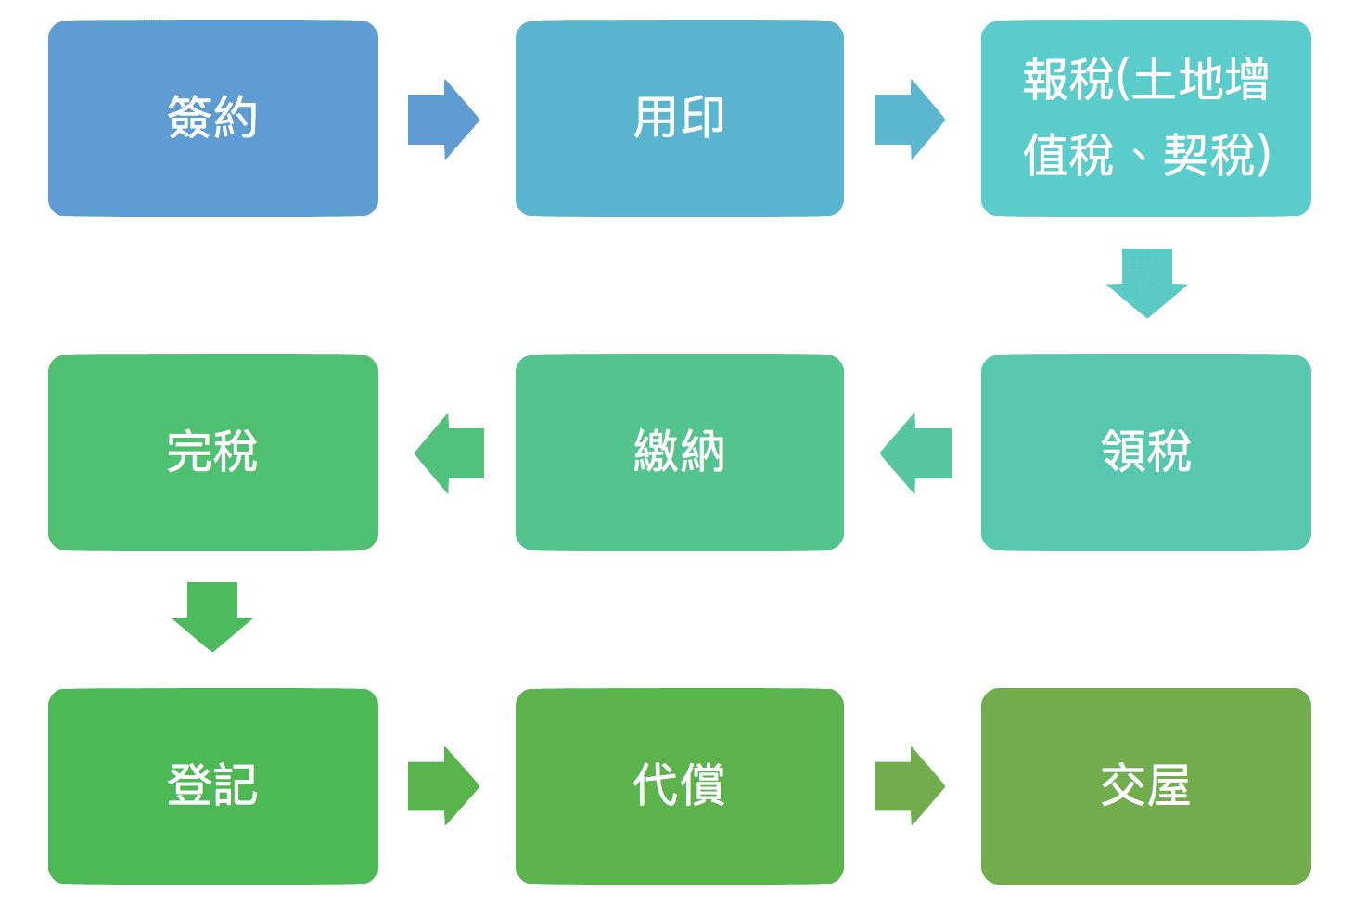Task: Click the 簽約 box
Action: [212, 119]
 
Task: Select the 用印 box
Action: [679, 119]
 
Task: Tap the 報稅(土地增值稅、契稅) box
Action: [1145, 119]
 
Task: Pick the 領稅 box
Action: [1145, 453]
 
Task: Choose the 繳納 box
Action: [679, 453]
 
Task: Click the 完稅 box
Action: [212, 453]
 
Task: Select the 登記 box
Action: [212, 786]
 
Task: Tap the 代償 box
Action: [679, 786]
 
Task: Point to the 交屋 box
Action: [1145, 786]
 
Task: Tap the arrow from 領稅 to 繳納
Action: [915, 453]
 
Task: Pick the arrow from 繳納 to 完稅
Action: [449, 453]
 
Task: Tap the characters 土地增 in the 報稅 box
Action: [1199, 80]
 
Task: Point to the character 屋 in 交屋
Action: [1169, 786]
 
